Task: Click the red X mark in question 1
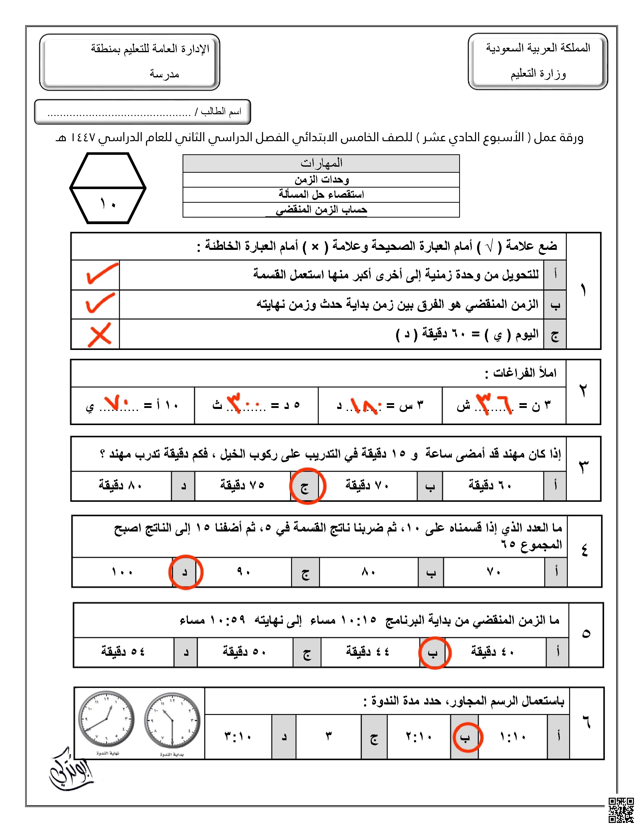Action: tap(99, 335)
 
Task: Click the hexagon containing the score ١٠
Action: tap(108, 188)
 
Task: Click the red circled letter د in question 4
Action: tap(186, 572)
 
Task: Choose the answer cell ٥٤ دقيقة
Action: tap(123, 651)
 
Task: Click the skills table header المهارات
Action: tap(321, 163)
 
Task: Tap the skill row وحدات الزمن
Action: tap(321, 180)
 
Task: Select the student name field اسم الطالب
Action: tap(142, 112)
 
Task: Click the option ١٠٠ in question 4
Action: tap(122, 572)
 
